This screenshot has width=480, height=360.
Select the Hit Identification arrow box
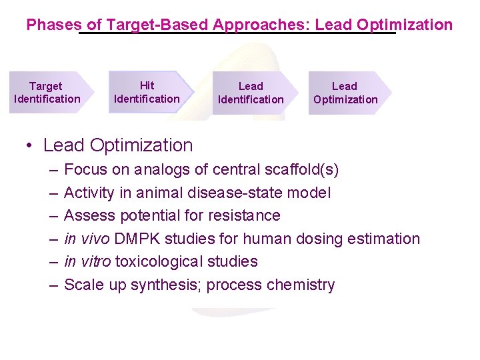click(x=148, y=93)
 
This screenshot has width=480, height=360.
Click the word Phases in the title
click(x=55, y=25)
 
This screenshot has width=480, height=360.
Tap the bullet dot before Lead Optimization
click(x=31, y=145)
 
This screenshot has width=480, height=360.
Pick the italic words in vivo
click(x=86, y=239)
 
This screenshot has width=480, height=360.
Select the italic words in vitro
click(x=87, y=262)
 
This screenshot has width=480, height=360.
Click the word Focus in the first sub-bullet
click(x=86, y=170)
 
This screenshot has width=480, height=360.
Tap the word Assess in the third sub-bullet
click(x=89, y=216)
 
